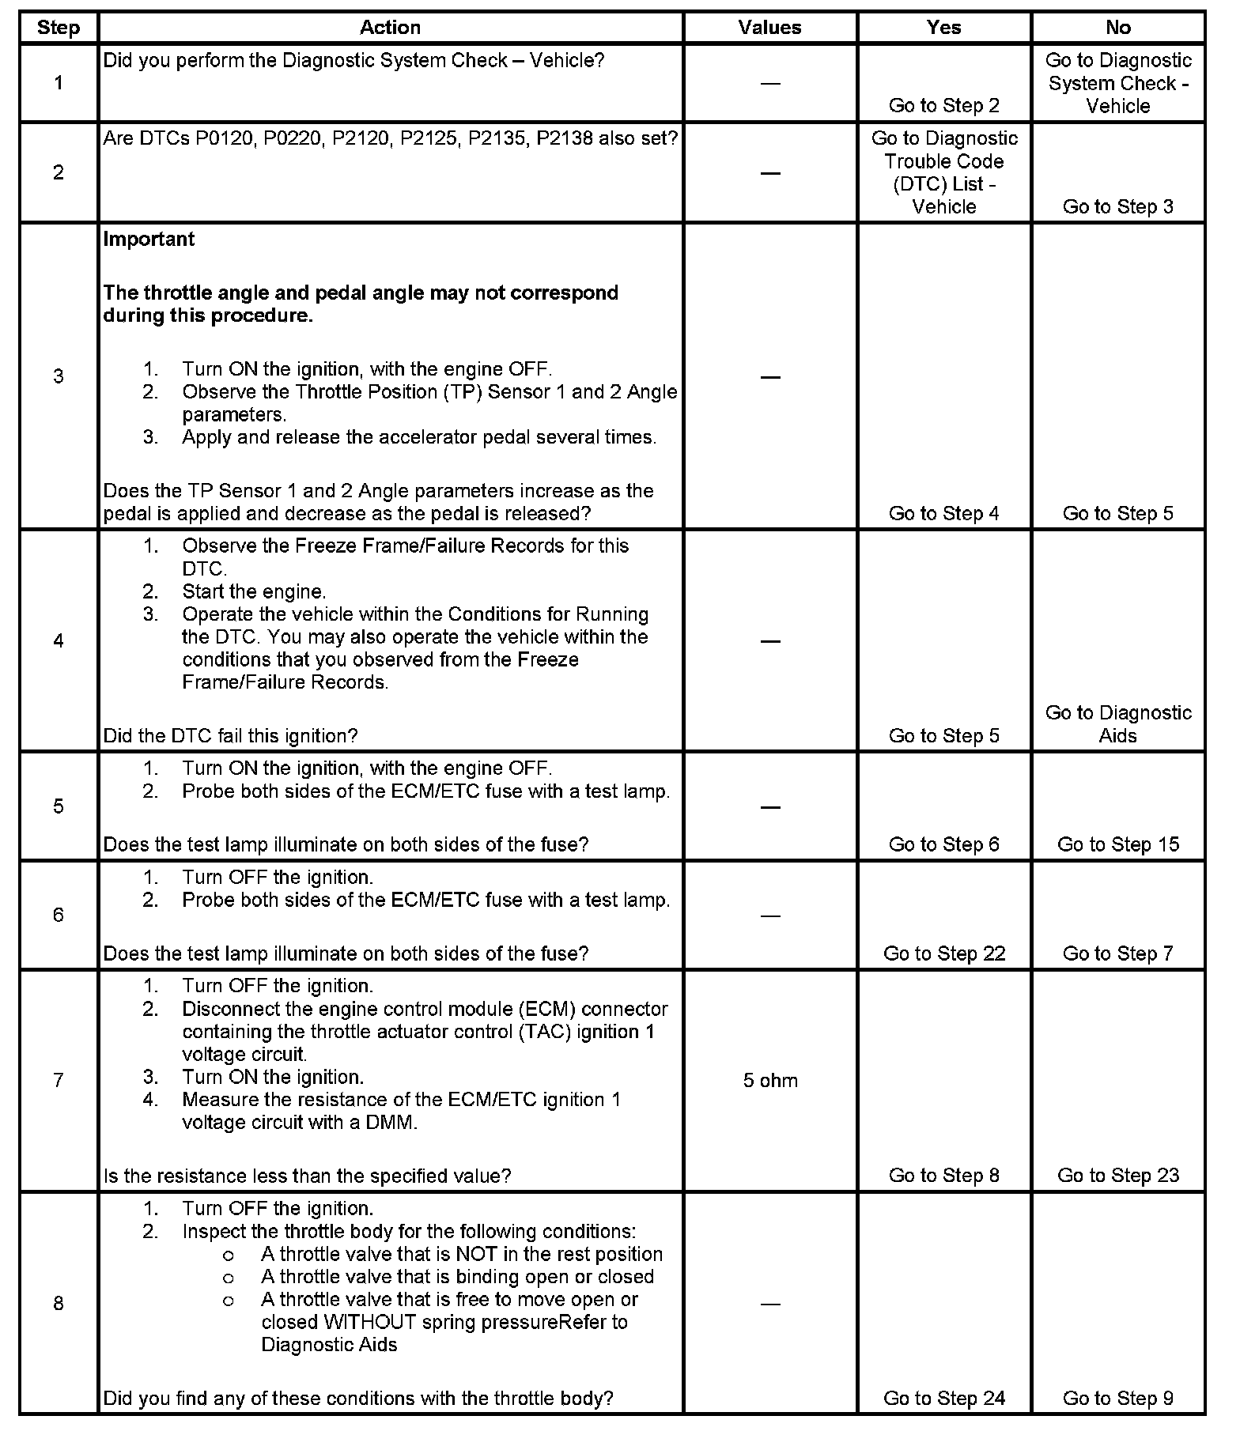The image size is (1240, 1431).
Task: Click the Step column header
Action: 59,28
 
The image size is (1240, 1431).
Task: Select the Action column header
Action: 390,28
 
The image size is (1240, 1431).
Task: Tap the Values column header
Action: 769,28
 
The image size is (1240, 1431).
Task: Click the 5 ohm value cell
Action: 770,1080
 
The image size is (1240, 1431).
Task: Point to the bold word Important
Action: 149,239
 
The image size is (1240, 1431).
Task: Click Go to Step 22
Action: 944,953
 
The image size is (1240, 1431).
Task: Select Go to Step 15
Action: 1118,844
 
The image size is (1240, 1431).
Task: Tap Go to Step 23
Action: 1118,1175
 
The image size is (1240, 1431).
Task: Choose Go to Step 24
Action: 944,1399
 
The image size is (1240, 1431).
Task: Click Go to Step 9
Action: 1118,1399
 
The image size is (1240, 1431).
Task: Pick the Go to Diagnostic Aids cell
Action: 1118,724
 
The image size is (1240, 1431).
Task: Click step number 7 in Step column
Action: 59,1080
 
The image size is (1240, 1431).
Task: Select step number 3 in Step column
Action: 59,376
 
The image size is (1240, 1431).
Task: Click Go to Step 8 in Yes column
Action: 944,1175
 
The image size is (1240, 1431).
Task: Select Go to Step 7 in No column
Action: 1118,953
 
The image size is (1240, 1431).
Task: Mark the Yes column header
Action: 944,28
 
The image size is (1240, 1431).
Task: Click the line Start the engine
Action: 254,591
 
